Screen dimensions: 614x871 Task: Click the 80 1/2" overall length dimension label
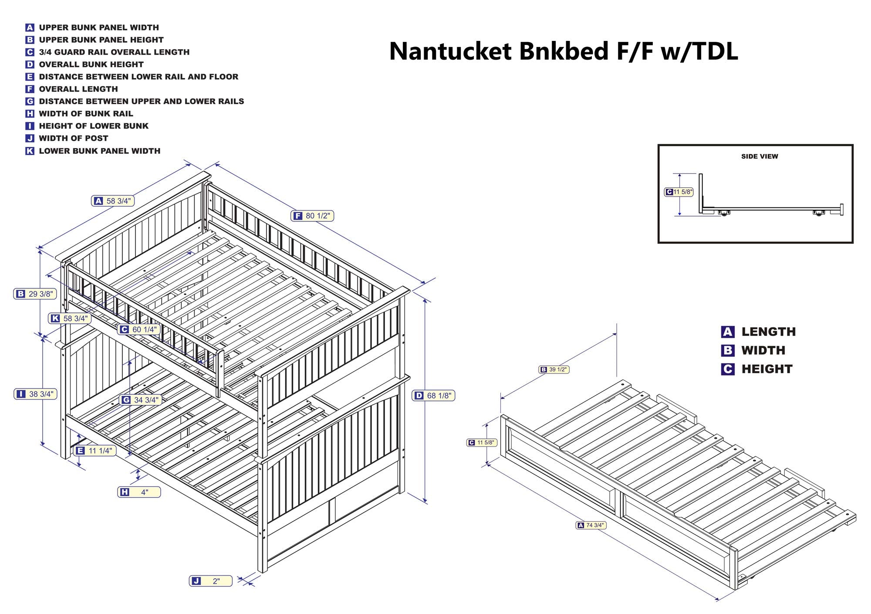point(312,216)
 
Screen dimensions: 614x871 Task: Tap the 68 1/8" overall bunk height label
point(433,396)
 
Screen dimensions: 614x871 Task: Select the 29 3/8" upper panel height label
point(35,294)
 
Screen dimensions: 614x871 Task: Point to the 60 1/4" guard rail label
point(139,329)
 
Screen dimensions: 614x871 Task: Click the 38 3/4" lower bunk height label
point(36,394)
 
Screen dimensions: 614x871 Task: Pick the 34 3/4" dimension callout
point(141,400)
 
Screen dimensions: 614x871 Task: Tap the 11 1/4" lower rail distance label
point(95,451)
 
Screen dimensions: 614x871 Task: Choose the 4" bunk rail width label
point(139,492)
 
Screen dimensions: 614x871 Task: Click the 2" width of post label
point(211,581)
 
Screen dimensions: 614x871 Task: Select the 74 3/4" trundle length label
point(591,525)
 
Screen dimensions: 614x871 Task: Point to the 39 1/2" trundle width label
point(554,370)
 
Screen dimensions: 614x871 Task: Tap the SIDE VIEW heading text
point(760,156)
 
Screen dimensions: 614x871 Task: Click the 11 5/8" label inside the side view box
point(679,192)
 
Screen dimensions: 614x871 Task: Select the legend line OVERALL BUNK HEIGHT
point(91,64)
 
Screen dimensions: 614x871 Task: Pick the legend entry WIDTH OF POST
point(73,138)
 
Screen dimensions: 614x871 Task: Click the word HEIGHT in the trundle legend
point(766,369)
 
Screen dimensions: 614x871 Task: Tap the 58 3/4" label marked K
point(70,319)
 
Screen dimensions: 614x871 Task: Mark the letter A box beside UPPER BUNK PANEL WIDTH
point(30,27)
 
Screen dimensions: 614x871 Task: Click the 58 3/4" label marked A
point(113,201)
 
